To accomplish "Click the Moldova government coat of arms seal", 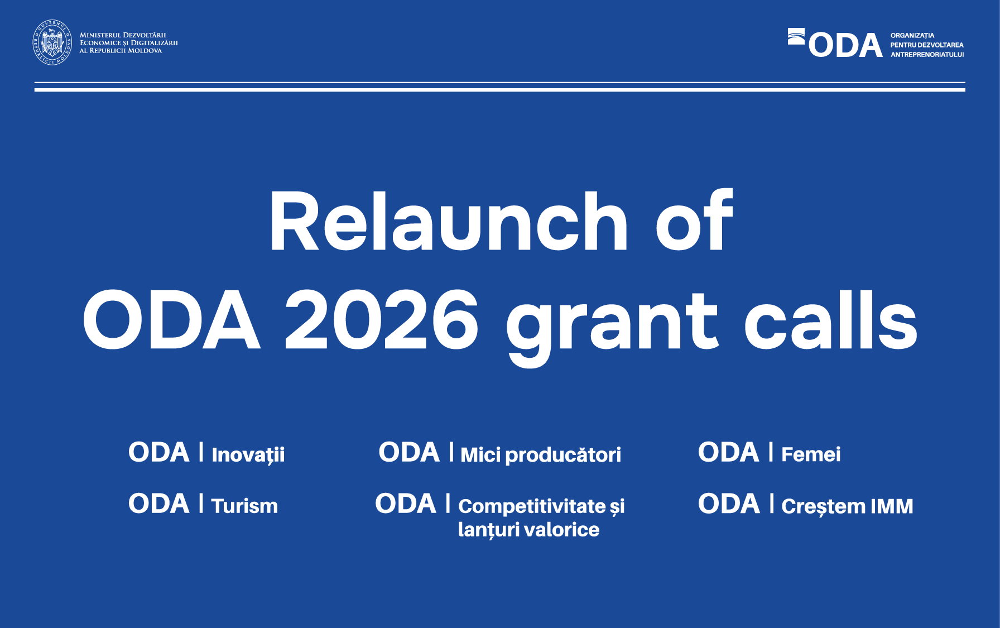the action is [52, 42].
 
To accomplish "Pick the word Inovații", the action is [248, 454].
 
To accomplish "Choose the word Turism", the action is [244, 506].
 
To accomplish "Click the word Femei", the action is [811, 454].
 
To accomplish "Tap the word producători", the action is [563, 455].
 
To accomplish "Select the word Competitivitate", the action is [532, 506].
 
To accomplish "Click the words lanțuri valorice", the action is [528, 530].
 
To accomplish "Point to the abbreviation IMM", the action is [892, 506].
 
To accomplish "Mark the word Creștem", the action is [823, 506].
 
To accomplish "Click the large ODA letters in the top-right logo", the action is [845, 45].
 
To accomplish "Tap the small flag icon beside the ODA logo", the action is [796, 36].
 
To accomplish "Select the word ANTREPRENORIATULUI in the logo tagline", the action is [927, 55].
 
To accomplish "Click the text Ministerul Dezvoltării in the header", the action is [123, 35].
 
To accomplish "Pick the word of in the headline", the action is [694, 222].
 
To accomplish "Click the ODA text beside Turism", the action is [159, 504].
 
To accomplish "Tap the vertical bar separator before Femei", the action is [771, 452].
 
